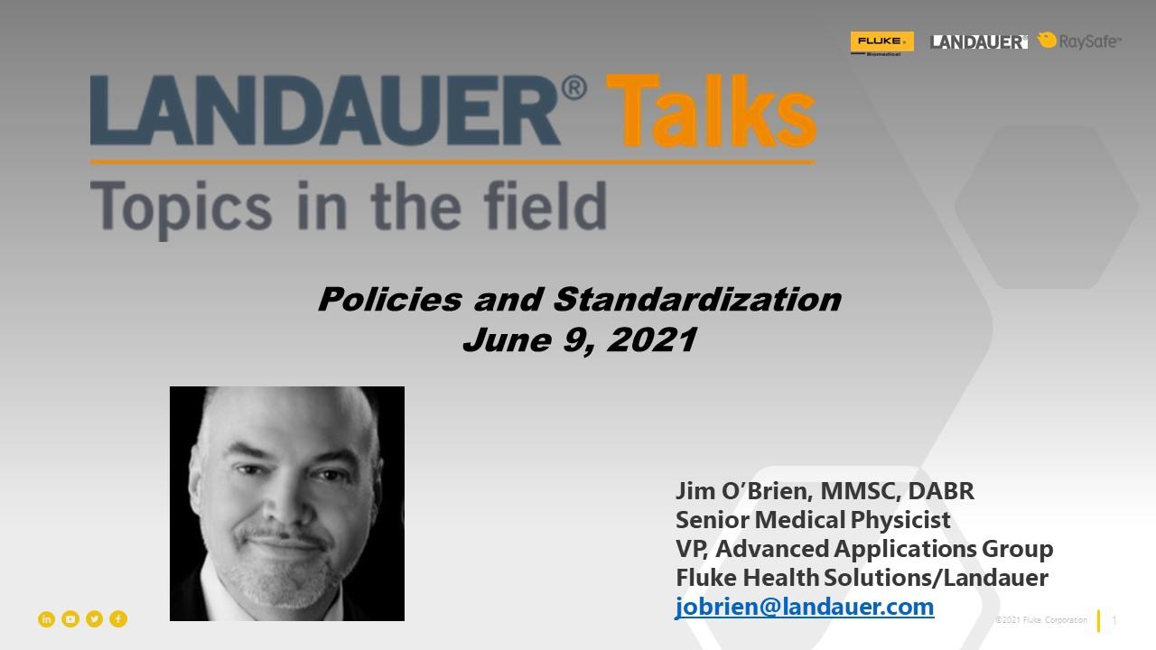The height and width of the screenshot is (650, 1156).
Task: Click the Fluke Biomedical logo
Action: pos(882,43)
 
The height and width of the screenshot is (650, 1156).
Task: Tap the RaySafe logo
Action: pos(1079,41)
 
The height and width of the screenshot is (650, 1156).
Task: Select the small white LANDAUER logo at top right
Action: pos(978,42)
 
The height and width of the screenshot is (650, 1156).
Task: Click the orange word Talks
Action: pos(711,110)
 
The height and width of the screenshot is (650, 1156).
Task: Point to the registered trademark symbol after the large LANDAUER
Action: pos(573,88)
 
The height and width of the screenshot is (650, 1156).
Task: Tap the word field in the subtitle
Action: pos(545,205)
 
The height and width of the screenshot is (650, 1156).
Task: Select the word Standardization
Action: pos(698,299)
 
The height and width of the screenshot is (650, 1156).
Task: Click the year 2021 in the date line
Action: pos(652,340)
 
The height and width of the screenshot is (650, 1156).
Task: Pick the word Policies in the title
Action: pos(390,299)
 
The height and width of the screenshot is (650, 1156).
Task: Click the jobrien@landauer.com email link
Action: pos(805,607)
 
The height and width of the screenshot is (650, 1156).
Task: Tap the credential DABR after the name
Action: pos(941,491)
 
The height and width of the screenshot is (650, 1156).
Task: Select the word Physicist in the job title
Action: pos(900,520)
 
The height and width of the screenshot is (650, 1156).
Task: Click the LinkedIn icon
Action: pos(46,619)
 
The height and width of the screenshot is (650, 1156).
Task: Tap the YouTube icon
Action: pos(70,619)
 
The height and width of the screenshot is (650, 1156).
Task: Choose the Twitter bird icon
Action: pos(94,619)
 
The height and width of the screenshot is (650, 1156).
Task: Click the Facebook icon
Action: pos(118,619)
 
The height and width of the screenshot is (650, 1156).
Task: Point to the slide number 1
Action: pos(1114,620)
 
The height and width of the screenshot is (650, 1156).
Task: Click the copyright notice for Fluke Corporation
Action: pos(1041,620)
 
